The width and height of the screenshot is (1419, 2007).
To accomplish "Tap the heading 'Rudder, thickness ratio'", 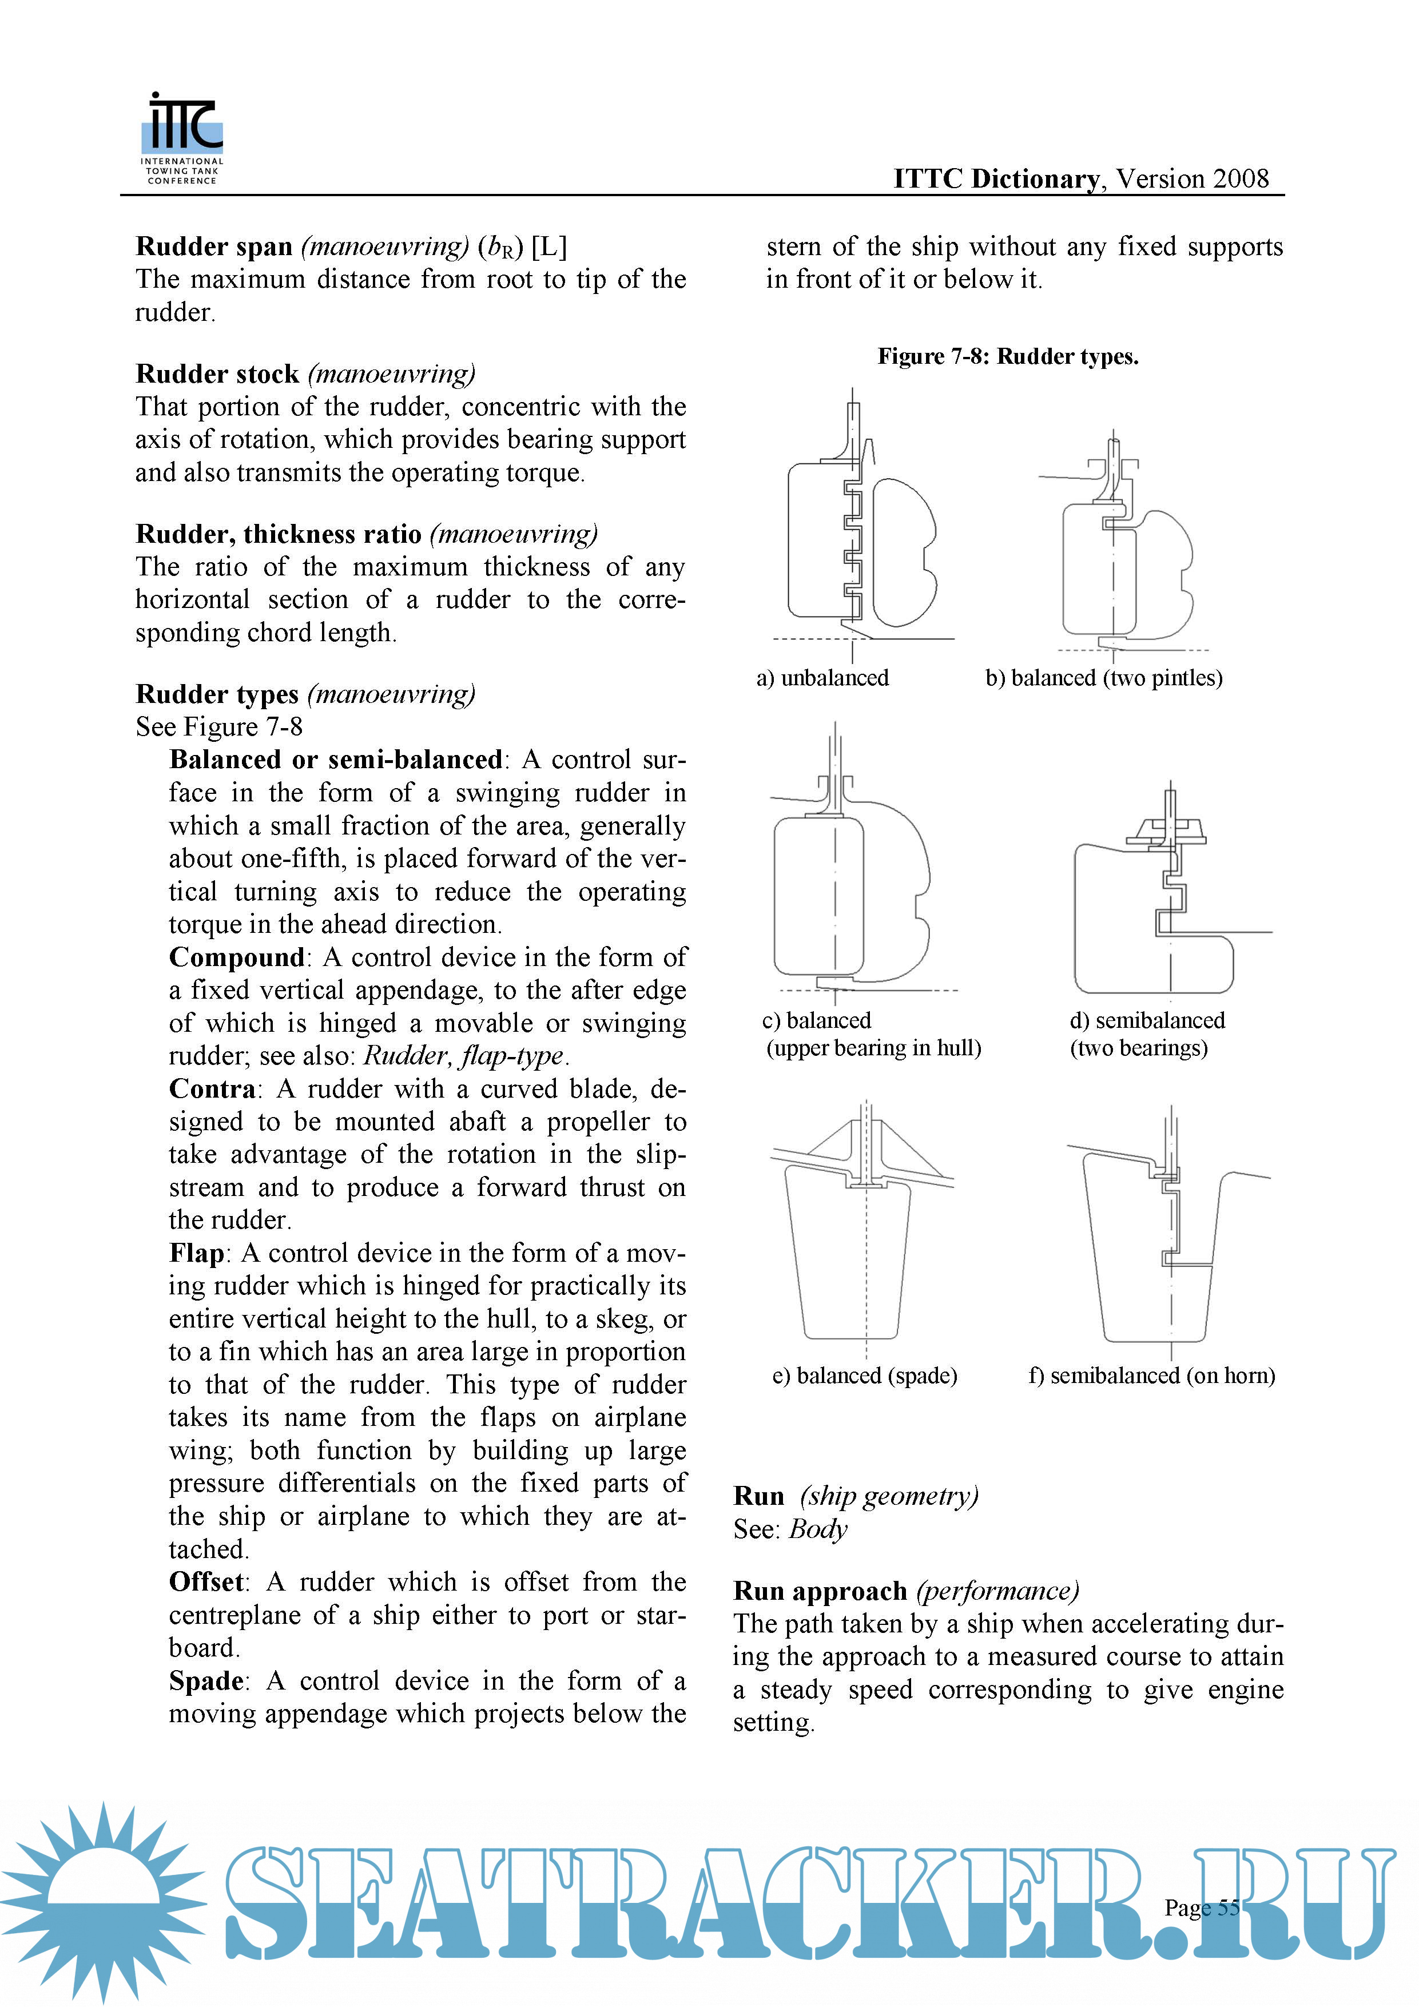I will tap(278, 534).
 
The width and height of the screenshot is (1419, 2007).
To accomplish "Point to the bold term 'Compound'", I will tap(236, 957).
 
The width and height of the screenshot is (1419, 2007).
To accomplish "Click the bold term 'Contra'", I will tap(212, 1089).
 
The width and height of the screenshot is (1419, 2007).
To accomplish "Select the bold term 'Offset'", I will tap(206, 1582).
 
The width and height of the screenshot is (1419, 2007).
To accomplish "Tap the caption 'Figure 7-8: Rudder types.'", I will tap(1007, 357).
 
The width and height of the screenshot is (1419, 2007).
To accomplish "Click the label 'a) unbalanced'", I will tap(822, 678).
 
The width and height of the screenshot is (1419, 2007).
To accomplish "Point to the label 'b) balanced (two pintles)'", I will tap(1103, 678).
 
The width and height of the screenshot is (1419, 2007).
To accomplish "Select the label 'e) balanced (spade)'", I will tap(864, 1376).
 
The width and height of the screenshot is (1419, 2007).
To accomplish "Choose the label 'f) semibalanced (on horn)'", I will tap(1151, 1376).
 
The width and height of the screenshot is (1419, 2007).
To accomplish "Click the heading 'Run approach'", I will tap(820, 1591).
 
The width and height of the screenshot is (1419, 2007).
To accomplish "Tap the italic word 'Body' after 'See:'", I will tap(817, 1530).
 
